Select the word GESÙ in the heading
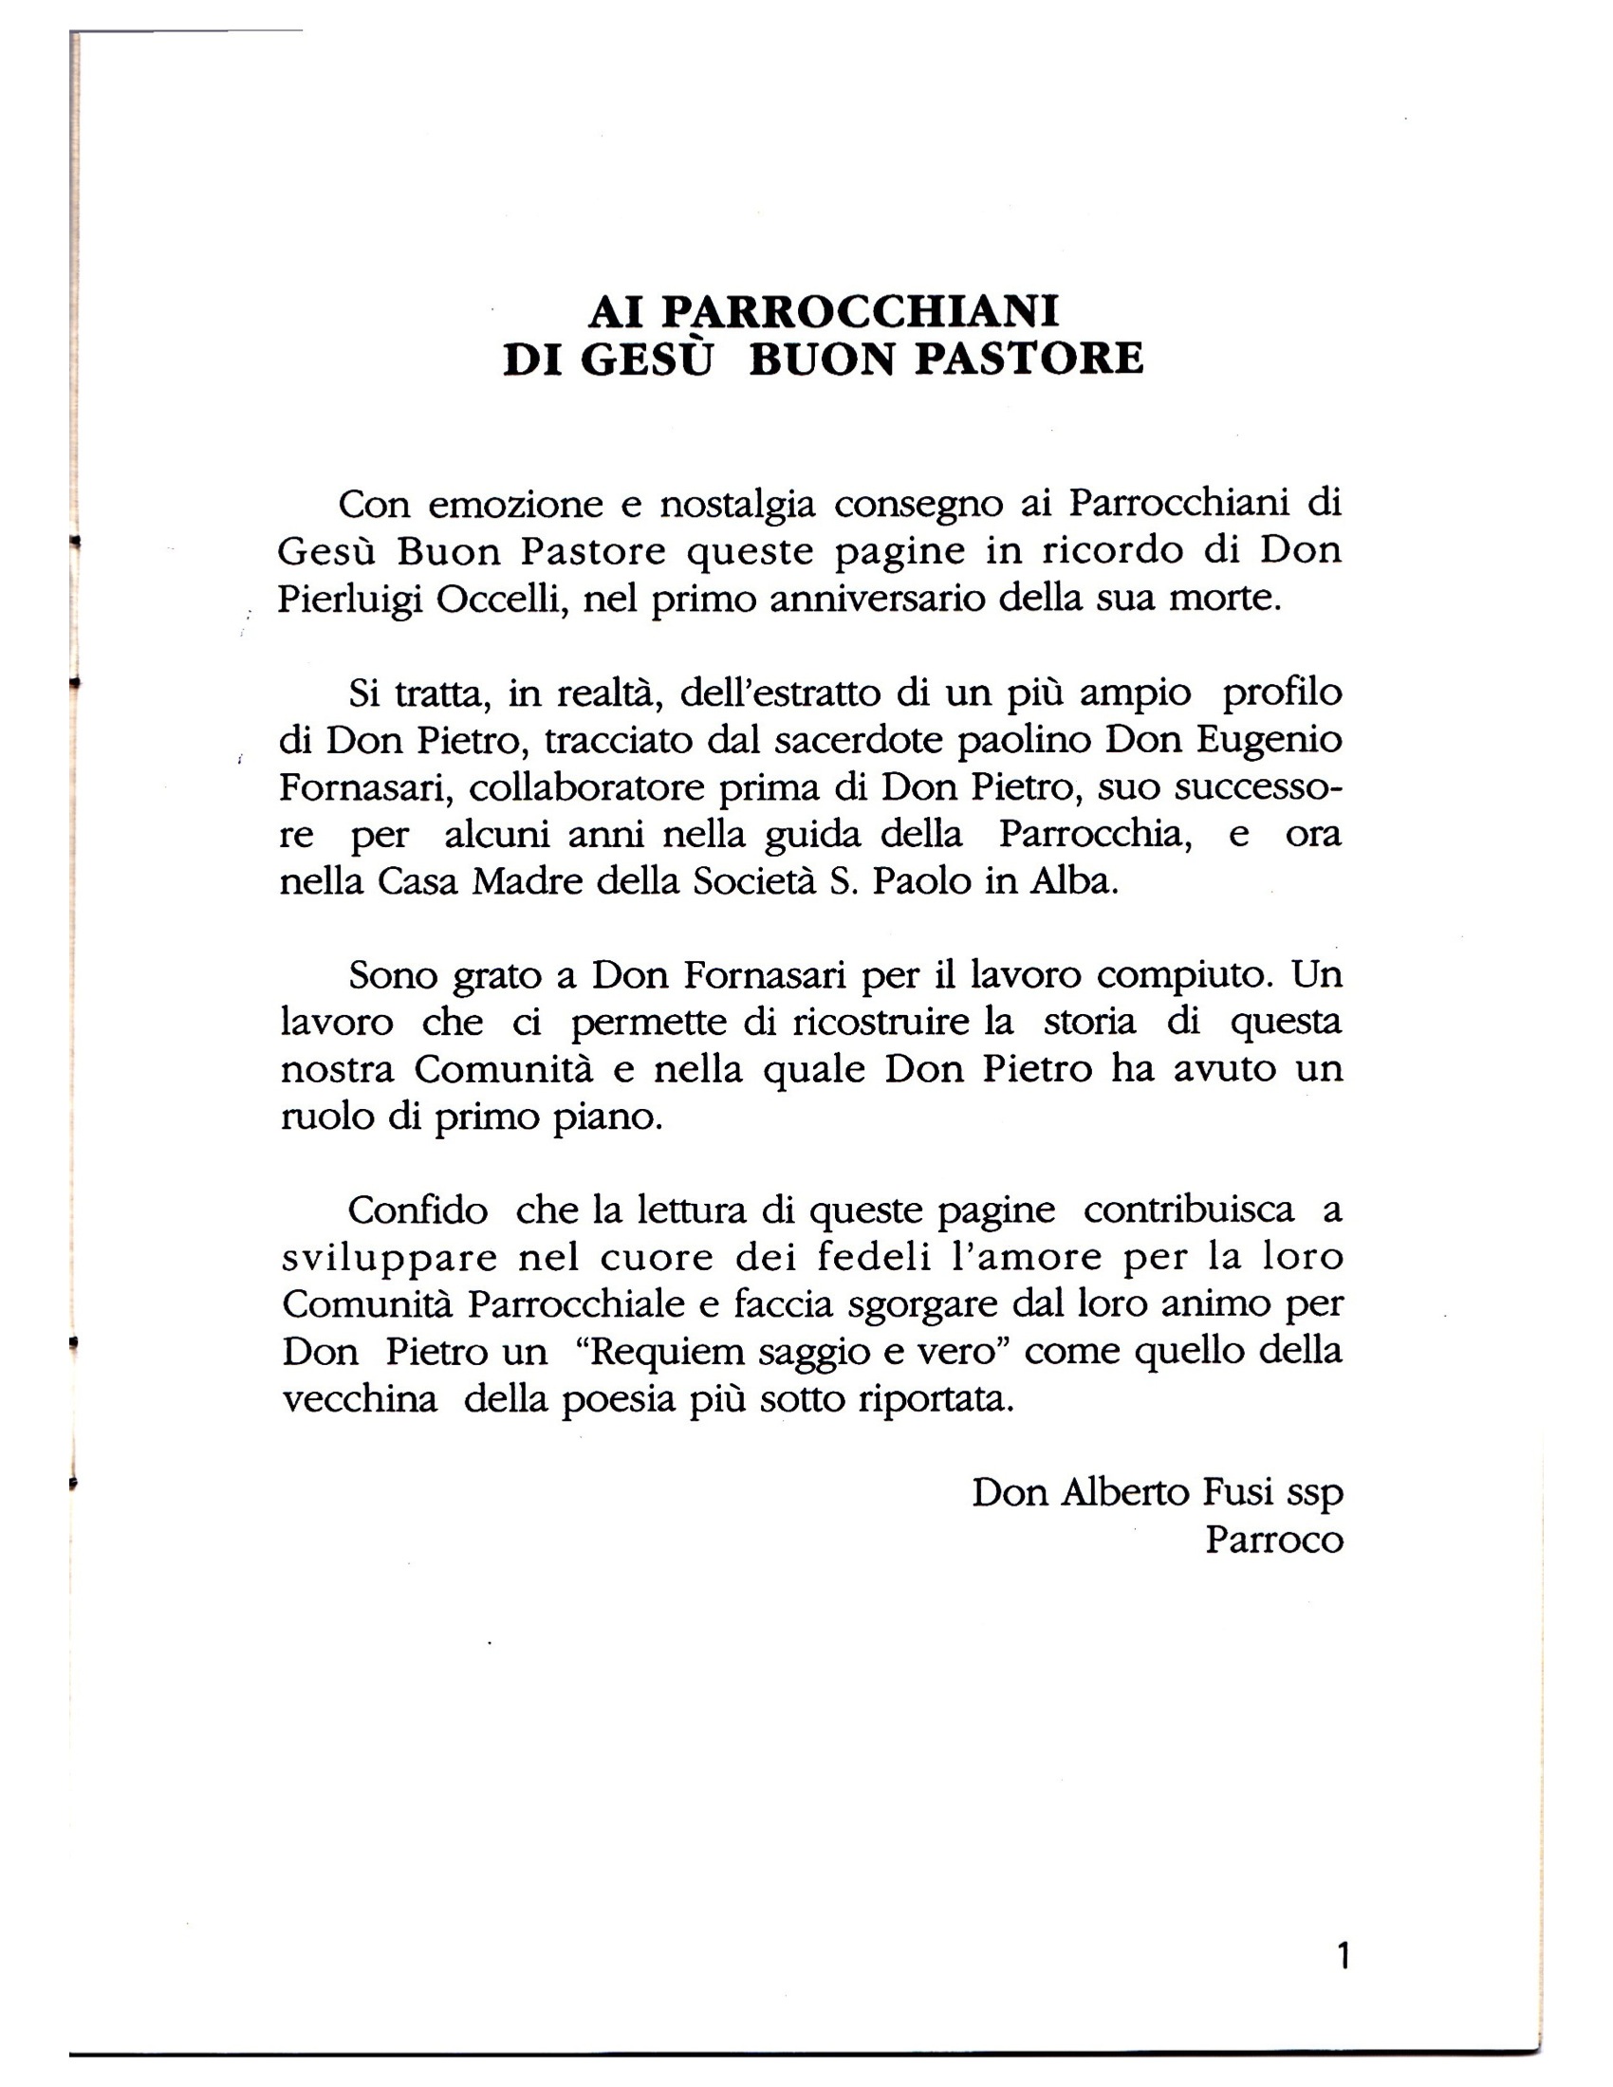[647, 360]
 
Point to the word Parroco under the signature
[1273, 1540]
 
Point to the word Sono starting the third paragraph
[392, 974]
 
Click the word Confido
[417, 1210]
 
